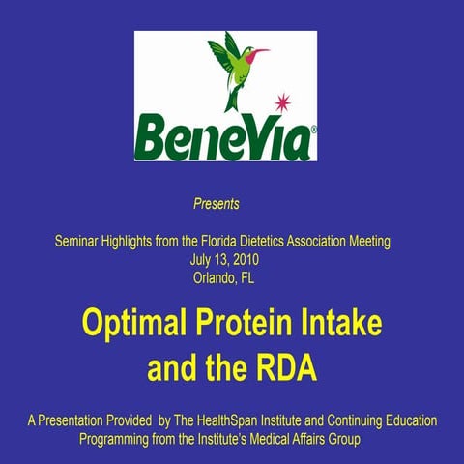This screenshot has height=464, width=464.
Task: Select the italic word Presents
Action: [x=217, y=204]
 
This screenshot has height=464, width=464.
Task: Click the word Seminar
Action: [x=81, y=241]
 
